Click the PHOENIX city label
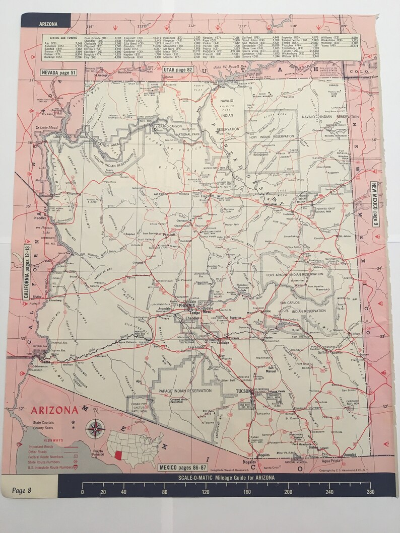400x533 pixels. pyautogui.click(x=185, y=305)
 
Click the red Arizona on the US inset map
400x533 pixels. pyautogui.click(x=118, y=455)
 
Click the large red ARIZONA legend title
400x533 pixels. pyautogui.click(x=55, y=410)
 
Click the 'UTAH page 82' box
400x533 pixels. pyautogui.click(x=177, y=69)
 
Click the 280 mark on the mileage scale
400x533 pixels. pyautogui.click(x=370, y=492)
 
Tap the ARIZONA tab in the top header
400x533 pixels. pyautogui.click(x=48, y=23)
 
